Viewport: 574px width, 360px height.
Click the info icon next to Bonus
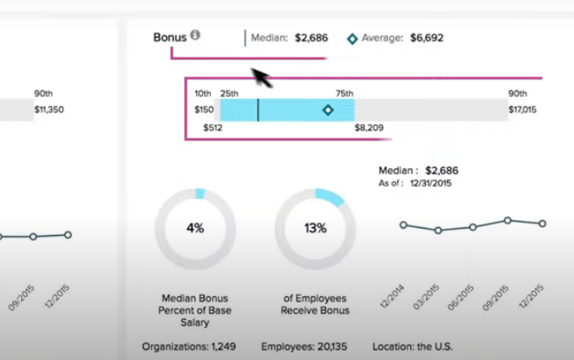[195, 36]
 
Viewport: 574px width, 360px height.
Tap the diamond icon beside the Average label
[352, 38]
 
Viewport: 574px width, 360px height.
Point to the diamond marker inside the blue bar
[328, 110]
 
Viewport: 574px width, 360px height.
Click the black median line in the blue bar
[258, 110]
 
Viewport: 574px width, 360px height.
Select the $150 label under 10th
[204, 110]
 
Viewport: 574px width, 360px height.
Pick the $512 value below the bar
[213, 127]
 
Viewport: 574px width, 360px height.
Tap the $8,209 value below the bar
[369, 127]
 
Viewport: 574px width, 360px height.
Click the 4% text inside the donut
[195, 228]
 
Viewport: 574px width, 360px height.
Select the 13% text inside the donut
[315, 228]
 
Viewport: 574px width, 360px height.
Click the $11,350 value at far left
[49, 110]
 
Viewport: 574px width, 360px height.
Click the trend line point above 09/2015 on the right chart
[508, 221]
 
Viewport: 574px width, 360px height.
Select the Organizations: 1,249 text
[188, 346]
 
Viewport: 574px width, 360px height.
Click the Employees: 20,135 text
[305, 346]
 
